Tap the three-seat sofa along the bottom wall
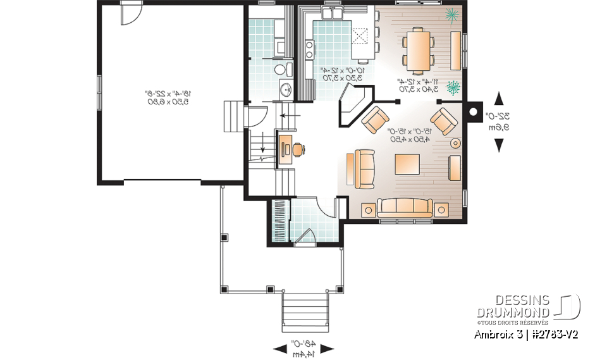tap(405, 207)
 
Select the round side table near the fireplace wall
tap(455, 143)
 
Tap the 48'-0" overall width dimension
tap(303, 347)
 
